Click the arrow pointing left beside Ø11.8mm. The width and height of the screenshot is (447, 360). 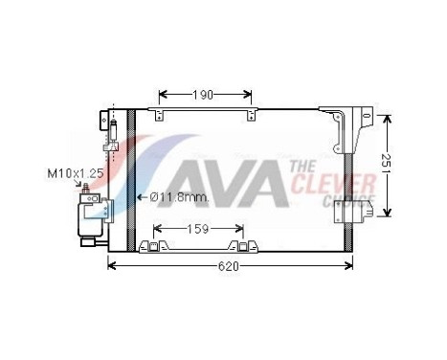[x=142, y=197]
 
